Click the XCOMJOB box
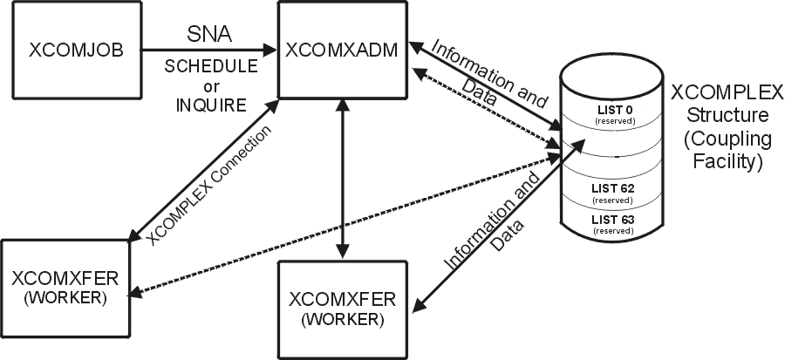tap(75, 51)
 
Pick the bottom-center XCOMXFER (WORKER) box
tap(343, 309)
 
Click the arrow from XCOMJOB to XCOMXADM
tap(209, 50)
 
